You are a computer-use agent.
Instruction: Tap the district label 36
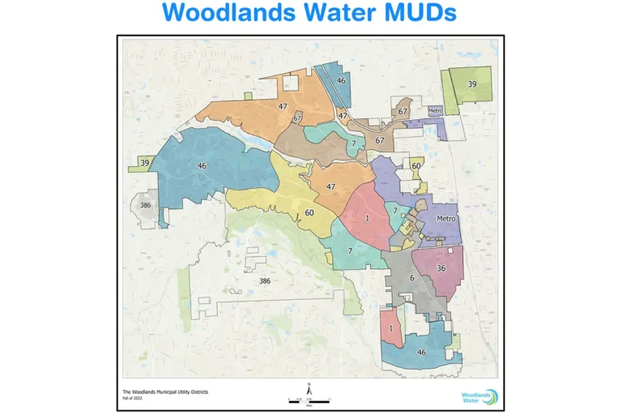[441, 268]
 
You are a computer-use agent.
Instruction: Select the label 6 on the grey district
[411, 278]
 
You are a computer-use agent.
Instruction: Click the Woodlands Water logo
[474, 396]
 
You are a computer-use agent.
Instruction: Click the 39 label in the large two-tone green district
[471, 83]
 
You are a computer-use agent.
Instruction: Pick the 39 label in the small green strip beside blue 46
[144, 163]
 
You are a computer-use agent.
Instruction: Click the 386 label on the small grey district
[145, 205]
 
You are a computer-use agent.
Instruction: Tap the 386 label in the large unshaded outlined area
[264, 280]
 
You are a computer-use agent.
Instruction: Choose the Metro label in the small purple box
[435, 110]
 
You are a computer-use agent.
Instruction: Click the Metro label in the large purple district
[445, 219]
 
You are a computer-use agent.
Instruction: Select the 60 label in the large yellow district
[309, 213]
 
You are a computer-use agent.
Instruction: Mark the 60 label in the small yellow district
[415, 166]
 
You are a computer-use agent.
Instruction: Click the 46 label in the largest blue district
[201, 165]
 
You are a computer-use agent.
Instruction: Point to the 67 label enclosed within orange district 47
[297, 118]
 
